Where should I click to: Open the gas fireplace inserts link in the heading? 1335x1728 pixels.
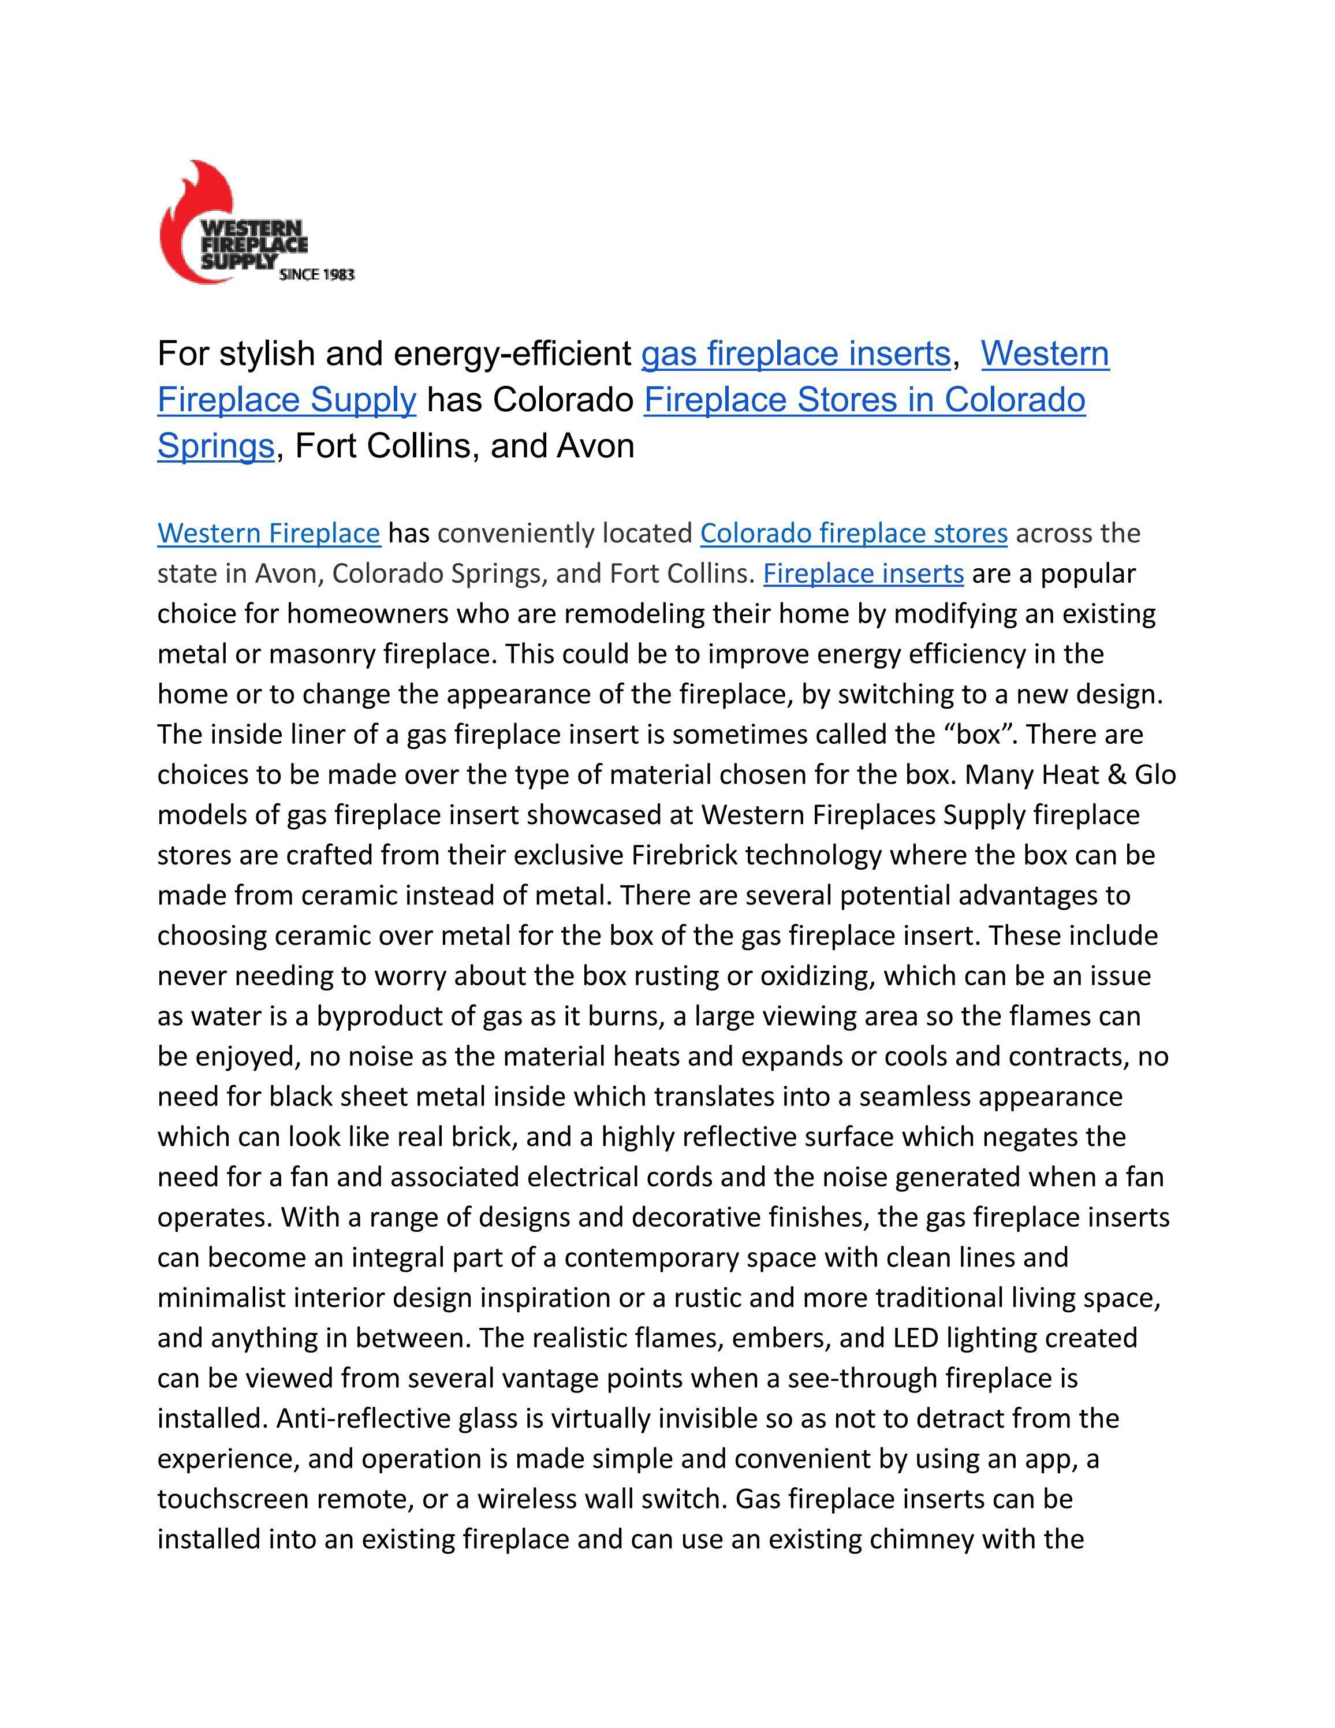795,353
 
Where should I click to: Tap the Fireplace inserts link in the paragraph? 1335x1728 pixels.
863,573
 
